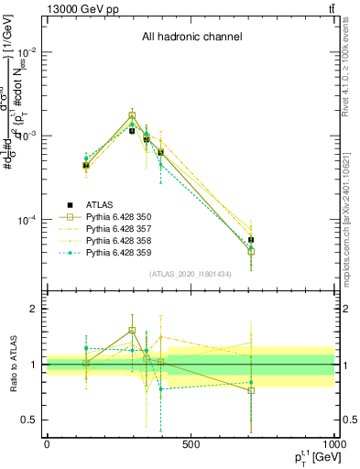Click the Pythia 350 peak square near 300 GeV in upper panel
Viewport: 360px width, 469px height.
132,115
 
